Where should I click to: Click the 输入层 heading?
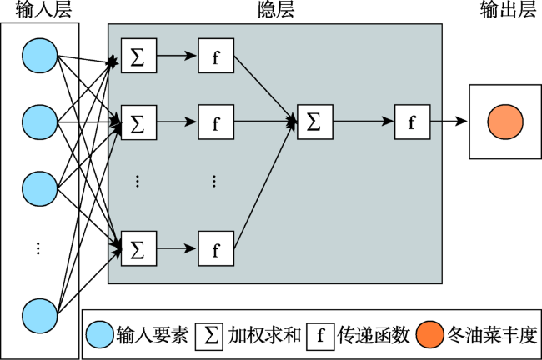(43, 10)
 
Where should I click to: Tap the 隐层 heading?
(276, 10)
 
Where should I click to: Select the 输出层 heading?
(508, 10)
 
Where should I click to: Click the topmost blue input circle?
(40, 56)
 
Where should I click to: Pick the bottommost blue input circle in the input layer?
(40, 316)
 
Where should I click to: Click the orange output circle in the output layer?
(505, 122)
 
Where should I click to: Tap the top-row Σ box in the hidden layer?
(138, 56)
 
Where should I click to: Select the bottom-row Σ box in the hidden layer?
(138, 248)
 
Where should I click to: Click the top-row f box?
(216, 56)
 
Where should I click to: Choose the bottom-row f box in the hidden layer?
(216, 248)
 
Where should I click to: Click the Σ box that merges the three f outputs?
(315, 122)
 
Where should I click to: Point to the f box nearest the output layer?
(413, 122)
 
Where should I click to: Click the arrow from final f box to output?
(449, 122)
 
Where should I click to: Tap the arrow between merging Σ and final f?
(364, 122)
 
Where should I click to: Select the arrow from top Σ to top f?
(177, 55)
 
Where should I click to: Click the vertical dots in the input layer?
(38, 248)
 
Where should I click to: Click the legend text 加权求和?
(264, 335)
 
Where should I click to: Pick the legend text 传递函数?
(374, 335)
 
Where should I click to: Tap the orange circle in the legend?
(429, 334)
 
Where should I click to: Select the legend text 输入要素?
(153, 335)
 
